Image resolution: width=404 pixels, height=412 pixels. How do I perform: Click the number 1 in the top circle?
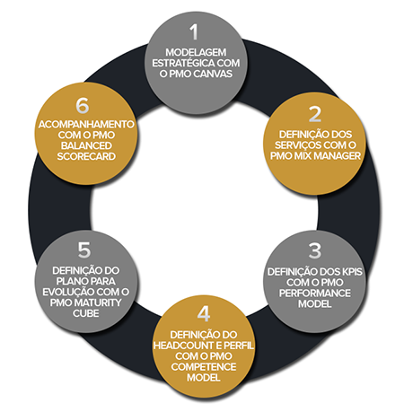194,32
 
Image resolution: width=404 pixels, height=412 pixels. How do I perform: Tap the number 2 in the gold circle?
315,114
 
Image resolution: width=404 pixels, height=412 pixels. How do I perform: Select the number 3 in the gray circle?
315,250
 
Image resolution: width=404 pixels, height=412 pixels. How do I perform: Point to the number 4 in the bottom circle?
204,314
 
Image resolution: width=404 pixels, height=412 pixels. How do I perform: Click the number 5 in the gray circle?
84,250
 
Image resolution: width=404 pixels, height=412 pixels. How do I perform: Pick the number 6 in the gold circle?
83,105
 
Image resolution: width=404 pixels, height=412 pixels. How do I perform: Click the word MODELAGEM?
196,53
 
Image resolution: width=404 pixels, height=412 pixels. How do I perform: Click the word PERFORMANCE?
315,294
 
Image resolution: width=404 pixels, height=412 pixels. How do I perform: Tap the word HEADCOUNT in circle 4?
183,346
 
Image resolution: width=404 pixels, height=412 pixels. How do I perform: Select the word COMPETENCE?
204,367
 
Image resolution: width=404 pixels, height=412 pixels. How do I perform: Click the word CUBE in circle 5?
86,313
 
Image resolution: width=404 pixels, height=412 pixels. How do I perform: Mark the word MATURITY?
98,302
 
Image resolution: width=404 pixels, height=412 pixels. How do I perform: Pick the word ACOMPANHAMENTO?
86,125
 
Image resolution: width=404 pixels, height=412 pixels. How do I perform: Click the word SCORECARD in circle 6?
86,156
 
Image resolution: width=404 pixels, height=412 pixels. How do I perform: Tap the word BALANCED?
86,145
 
